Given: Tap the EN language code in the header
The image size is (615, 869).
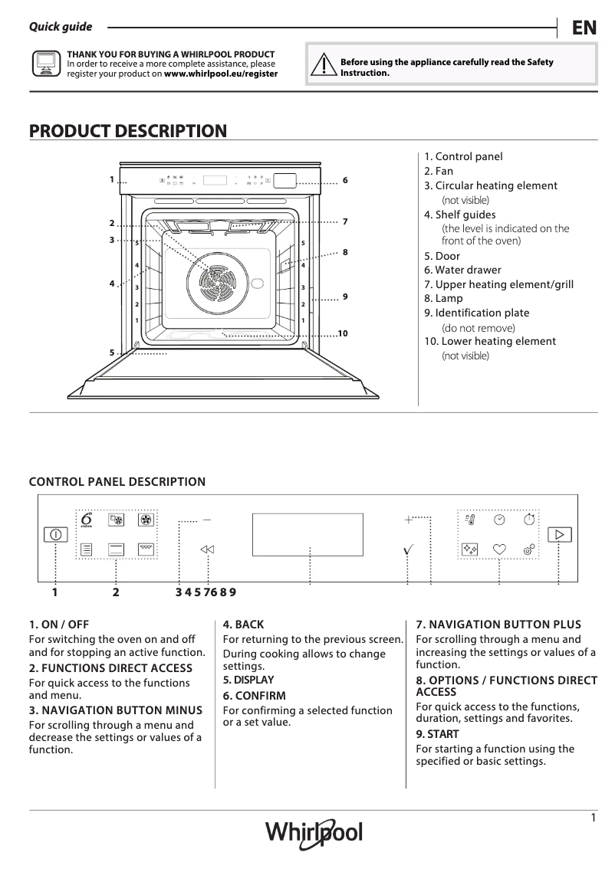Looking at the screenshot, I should click(584, 28).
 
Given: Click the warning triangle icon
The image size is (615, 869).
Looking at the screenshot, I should click(328, 66).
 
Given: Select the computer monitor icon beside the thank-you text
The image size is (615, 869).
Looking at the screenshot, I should click(45, 64).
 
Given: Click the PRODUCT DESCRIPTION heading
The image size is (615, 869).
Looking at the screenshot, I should click(127, 131).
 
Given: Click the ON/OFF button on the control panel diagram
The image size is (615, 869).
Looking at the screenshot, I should click(55, 534).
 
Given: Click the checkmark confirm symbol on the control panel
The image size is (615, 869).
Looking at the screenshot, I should click(409, 549).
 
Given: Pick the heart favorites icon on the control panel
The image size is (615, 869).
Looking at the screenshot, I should click(499, 549).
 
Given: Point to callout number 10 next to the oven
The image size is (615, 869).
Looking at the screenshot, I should click(342, 333).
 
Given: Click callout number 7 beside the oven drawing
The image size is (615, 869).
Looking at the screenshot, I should click(346, 221).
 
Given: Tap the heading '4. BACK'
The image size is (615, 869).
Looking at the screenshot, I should click(243, 625).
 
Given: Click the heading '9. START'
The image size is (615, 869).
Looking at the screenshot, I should click(437, 734).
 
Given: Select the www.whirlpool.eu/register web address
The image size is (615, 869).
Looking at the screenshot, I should click(221, 74).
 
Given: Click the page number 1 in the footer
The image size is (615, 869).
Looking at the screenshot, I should click(594, 818).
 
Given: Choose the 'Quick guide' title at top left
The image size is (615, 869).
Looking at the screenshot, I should click(61, 27).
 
